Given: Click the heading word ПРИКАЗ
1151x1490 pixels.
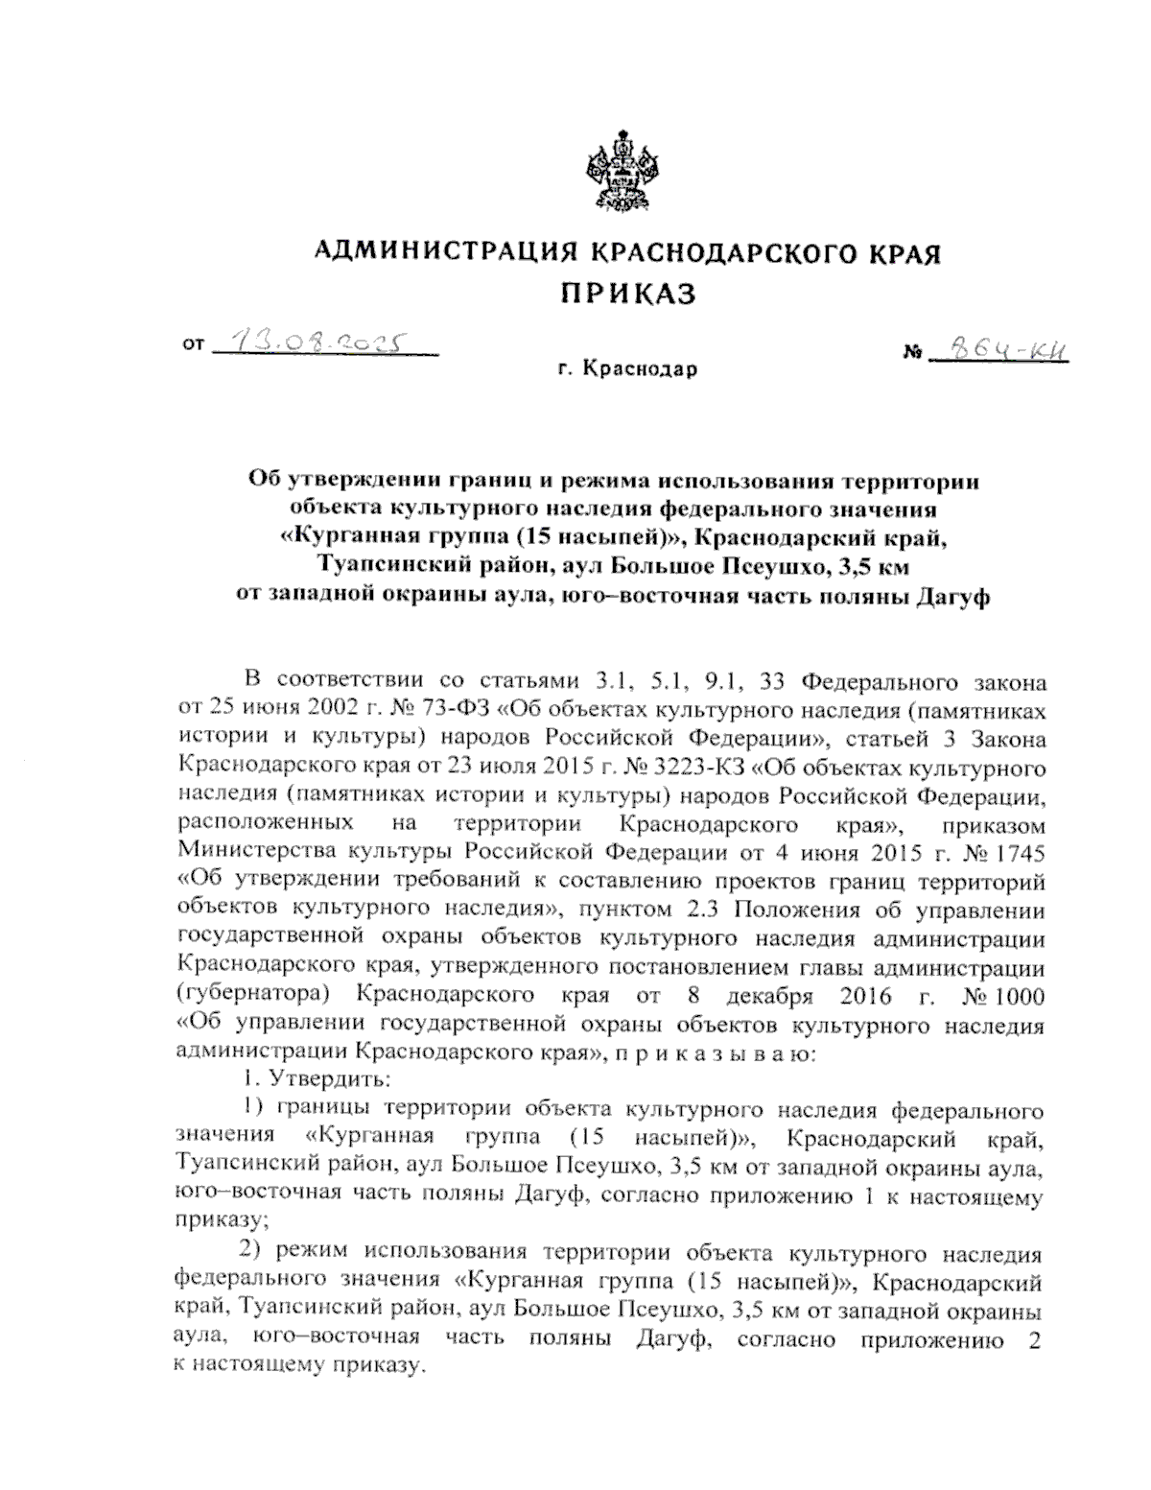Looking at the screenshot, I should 627,294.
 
